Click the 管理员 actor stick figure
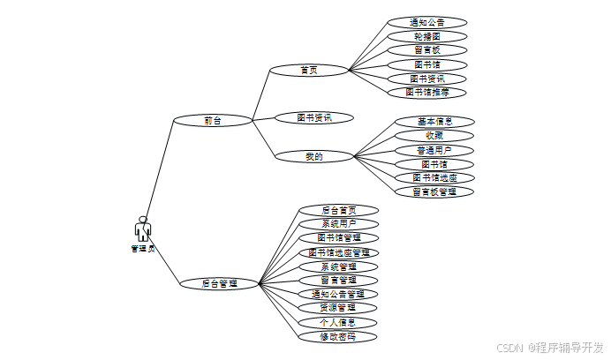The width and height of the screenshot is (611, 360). coord(142,229)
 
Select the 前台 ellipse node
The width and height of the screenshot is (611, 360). coord(213,120)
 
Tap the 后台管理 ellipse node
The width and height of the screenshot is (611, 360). coord(219,284)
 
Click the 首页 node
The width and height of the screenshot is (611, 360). coord(308,69)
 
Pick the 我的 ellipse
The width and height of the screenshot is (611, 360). coord(314,157)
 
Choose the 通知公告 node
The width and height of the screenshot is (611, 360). coord(427,22)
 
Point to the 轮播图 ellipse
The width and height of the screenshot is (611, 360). coord(427,36)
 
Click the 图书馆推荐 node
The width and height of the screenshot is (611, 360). coord(427,92)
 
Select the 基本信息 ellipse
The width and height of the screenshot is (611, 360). coord(434,121)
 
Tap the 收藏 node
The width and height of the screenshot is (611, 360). coord(434,135)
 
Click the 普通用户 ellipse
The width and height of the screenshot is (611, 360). coord(434,150)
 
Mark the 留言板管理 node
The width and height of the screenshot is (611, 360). coord(434,191)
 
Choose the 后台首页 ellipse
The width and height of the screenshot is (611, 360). coord(339,210)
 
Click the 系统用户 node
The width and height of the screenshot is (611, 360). coord(339,224)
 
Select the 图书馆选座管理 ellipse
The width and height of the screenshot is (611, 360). coord(339,252)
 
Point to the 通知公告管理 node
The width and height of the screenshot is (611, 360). coord(339,294)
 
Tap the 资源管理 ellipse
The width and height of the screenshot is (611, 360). coord(339,308)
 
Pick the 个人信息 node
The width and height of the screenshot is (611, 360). coord(339,322)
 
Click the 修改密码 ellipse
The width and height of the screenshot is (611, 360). coord(339,336)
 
